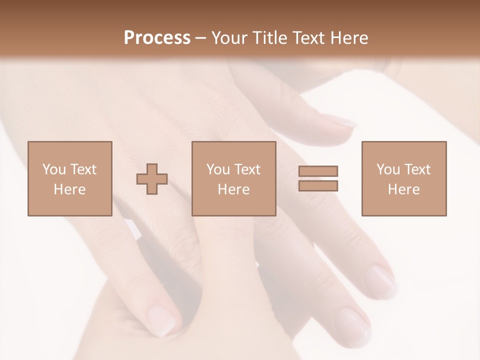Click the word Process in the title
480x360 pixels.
(157, 37)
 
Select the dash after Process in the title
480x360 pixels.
(201, 38)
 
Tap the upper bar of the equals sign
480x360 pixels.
(318, 171)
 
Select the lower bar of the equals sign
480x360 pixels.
(318, 185)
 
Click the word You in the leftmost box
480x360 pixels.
(54, 169)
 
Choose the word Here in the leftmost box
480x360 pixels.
(69, 189)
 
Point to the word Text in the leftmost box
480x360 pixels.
(83, 169)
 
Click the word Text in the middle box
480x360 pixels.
(247, 169)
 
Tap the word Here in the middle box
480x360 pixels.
(233, 189)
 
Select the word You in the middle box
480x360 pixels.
(218, 169)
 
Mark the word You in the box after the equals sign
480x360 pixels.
(388, 169)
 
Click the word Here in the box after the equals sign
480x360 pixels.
(403, 189)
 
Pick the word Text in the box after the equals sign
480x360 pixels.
(417, 169)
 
